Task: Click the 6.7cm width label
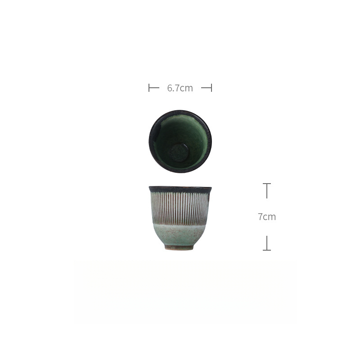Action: pos(180,88)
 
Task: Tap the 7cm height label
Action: pos(267,217)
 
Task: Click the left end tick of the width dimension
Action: pos(149,88)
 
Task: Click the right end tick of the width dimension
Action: pos(211,88)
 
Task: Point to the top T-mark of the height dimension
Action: pos(267,184)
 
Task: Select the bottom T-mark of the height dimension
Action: pos(267,250)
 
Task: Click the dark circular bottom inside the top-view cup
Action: pos(179,152)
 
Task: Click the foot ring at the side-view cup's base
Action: pos(179,247)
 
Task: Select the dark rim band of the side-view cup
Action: pos(180,189)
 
